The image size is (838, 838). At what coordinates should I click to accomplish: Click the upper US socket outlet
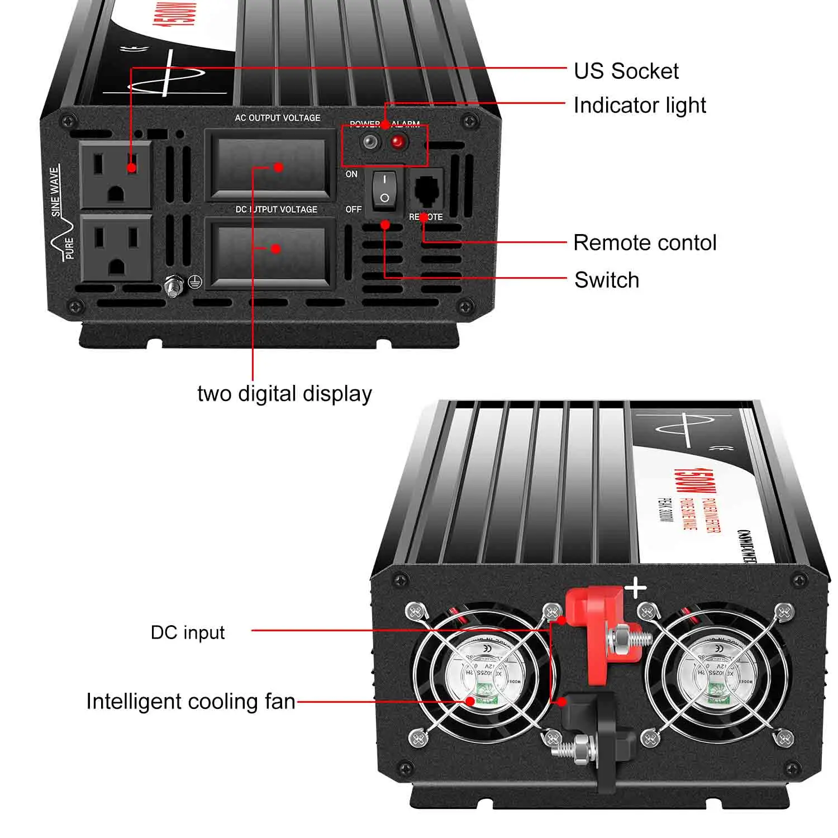coord(116,175)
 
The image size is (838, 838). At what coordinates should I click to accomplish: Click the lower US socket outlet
coord(116,247)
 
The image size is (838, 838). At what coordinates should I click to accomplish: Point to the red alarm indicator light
coord(397,142)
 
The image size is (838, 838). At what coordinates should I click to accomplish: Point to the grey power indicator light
coord(369,142)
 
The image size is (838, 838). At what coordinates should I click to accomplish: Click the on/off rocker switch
coord(384,189)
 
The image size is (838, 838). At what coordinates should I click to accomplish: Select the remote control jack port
coord(427,190)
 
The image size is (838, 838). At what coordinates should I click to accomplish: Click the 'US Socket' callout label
coord(626,71)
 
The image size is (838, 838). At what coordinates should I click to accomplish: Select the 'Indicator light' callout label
coord(640,105)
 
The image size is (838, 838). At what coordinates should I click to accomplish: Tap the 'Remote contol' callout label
coord(645,243)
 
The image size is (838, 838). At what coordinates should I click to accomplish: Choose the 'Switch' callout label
coord(607,280)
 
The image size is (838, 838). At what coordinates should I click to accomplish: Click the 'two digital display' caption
coord(284,394)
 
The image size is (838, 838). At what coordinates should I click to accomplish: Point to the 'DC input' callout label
coord(188,632)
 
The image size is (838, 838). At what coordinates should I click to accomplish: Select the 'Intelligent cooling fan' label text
coord(191,702)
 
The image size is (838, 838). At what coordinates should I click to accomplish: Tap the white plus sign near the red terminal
coord(636,589)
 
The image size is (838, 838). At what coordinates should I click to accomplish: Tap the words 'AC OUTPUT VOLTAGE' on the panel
coord(278,118)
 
